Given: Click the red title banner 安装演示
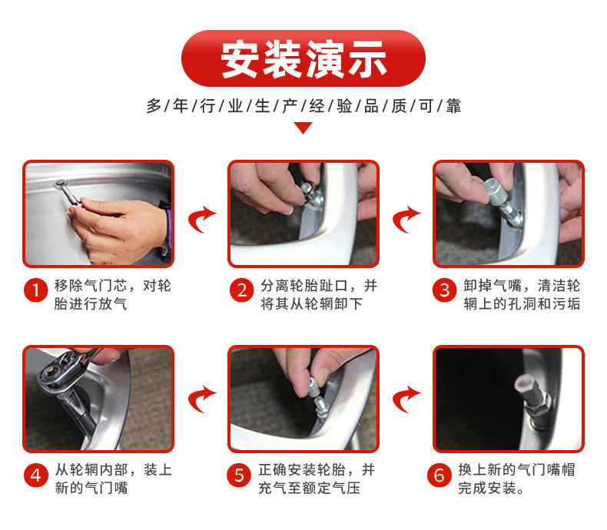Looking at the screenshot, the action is [x=303, y=58].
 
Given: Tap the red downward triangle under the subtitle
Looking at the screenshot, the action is [x=303, y=128].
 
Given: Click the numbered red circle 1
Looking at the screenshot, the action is [x=35, y=290].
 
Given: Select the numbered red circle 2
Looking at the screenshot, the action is [x=241, y=290].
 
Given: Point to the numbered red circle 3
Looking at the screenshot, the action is [x=444, y=290].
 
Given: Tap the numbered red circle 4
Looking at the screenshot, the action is [x=35, y=475].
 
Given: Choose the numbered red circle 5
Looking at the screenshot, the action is [x=239, y=475].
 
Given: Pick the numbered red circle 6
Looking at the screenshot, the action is [x=439, y=475].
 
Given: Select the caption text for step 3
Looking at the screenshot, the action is [x=522, y=295].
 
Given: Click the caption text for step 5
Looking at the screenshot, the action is [x=317, y=479].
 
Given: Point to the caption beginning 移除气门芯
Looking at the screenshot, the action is [x=112, y=295].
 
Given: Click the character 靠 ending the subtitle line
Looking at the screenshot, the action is [x=453, y=106].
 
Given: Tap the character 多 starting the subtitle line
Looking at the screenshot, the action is [x=154, y=106].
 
